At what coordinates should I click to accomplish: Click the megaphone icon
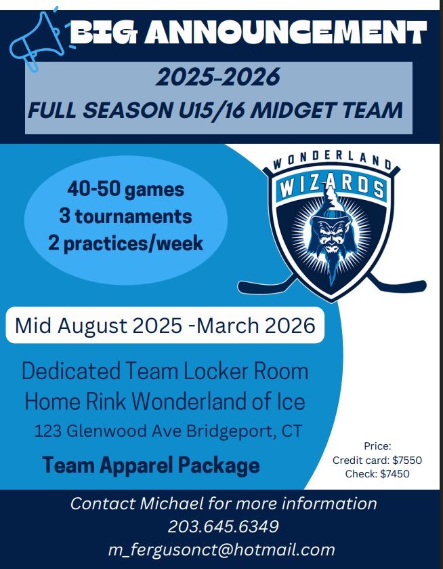tap(37, 40)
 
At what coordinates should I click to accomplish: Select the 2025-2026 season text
tap(218, 77)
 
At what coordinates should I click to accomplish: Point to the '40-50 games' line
tap(126, 189)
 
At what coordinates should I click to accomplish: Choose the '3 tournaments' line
tap(125, 216)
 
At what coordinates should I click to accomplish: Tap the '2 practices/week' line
tap(125, 243)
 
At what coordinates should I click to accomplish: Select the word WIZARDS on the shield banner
tap(332, 187)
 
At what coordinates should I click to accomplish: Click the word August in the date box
tap(92, 326)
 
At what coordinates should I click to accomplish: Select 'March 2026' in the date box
tap(255, 325)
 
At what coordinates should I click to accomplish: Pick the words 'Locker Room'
tap(246, 371)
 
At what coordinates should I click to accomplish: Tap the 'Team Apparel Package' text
tap(151, 465)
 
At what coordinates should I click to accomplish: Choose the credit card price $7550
tap(407, 460)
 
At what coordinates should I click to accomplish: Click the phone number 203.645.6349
tap(224, 526)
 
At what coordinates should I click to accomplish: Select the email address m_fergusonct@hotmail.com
tap(221, 550)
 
